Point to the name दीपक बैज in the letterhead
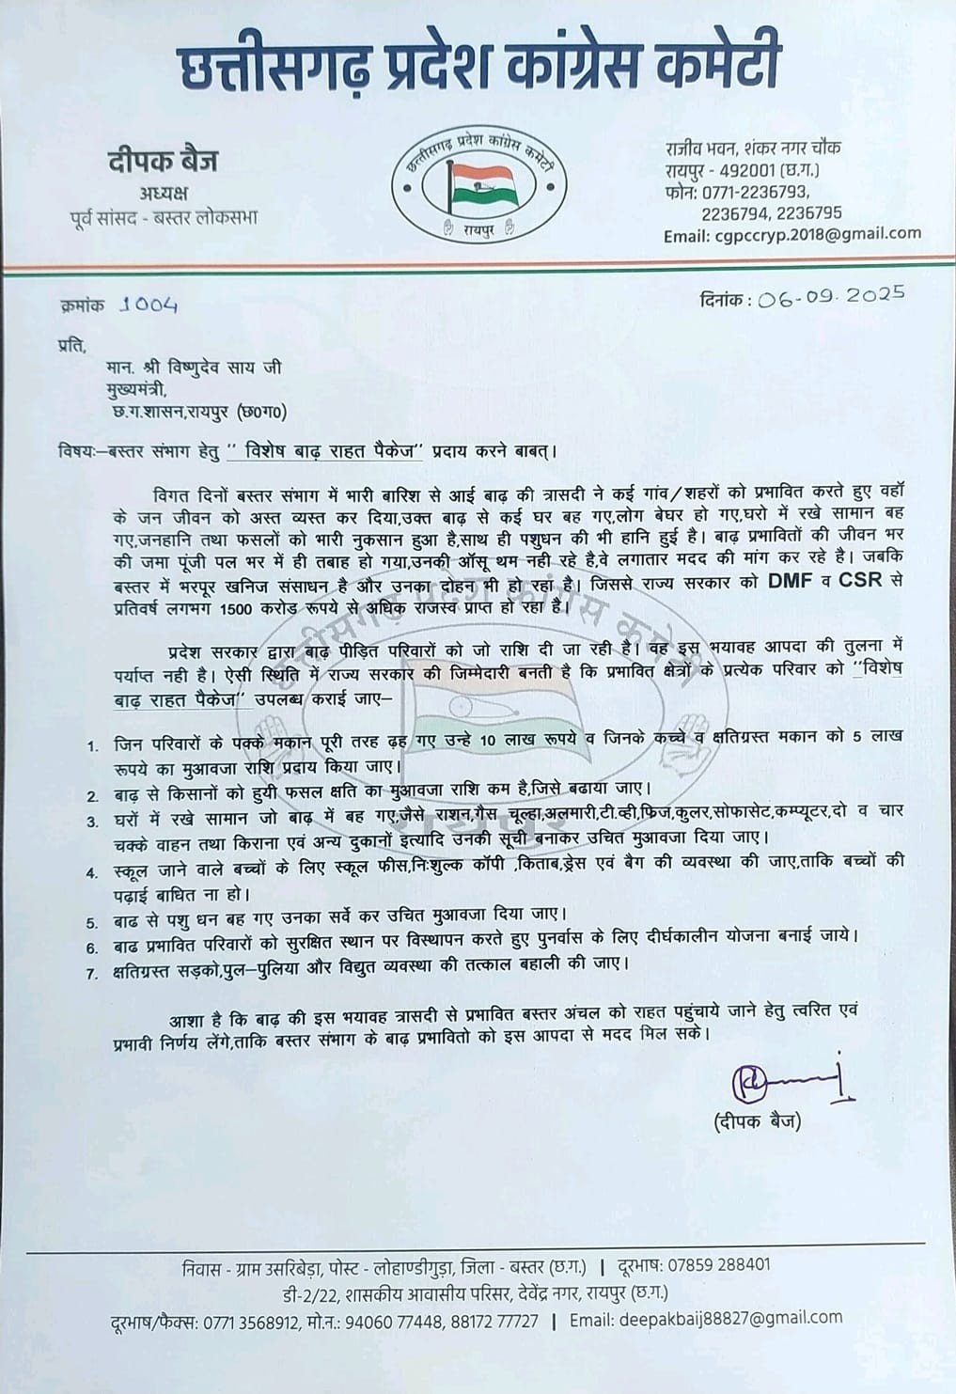click(163, 162)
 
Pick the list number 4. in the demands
click(93, 873)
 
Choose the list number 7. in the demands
click(93, 974)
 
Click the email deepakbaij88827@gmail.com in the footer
click(730, 1319)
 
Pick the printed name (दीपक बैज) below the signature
click(758, 1121)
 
